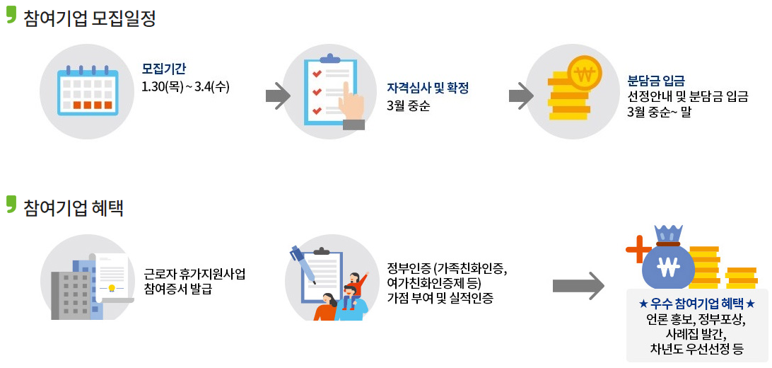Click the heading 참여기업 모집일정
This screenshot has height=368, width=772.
click(x=88, y=18)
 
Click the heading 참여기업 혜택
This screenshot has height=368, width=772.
click(x=73, y=207)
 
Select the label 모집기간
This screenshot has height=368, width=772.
click(x=164, y=69)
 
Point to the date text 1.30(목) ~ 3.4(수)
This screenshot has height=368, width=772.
click(x=186, y=86)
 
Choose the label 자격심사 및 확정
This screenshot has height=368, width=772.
click(x=428, y=88)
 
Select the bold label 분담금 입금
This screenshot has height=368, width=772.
click(x=656, y=80)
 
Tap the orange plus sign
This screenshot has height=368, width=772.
click(x=638, y=249)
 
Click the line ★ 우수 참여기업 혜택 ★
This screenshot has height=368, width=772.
click(x=696, y=303)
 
